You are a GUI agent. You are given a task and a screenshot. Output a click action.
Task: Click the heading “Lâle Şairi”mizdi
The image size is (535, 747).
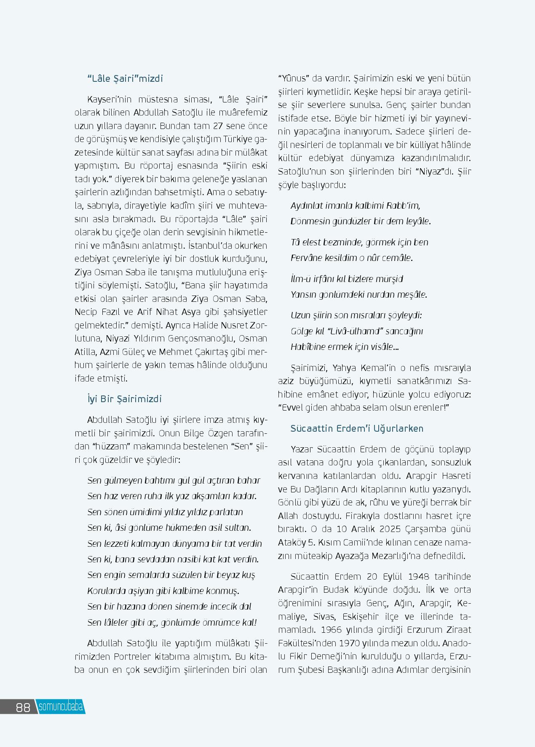coord(125,78)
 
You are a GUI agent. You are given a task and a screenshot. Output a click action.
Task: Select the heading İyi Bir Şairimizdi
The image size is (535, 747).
coord(124,399)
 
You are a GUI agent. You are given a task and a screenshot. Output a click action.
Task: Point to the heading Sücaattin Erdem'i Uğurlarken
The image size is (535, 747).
coord(357,428)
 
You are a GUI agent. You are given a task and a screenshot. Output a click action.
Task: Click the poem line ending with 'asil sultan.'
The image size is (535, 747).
coord(169,528)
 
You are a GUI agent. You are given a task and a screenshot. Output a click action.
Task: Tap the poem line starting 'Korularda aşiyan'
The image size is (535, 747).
coord(163,591)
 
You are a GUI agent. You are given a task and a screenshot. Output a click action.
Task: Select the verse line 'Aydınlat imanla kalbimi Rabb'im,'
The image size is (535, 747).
coord(355,206)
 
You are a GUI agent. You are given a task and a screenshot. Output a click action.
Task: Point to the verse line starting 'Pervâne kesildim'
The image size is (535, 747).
coord(351,258)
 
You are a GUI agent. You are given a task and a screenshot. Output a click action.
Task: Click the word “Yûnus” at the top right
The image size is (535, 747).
coord(294,78)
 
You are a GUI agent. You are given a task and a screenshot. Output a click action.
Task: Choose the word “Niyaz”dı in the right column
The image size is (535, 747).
coord(433,172)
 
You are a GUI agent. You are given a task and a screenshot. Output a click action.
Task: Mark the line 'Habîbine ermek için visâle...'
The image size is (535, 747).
coord(345,347)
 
